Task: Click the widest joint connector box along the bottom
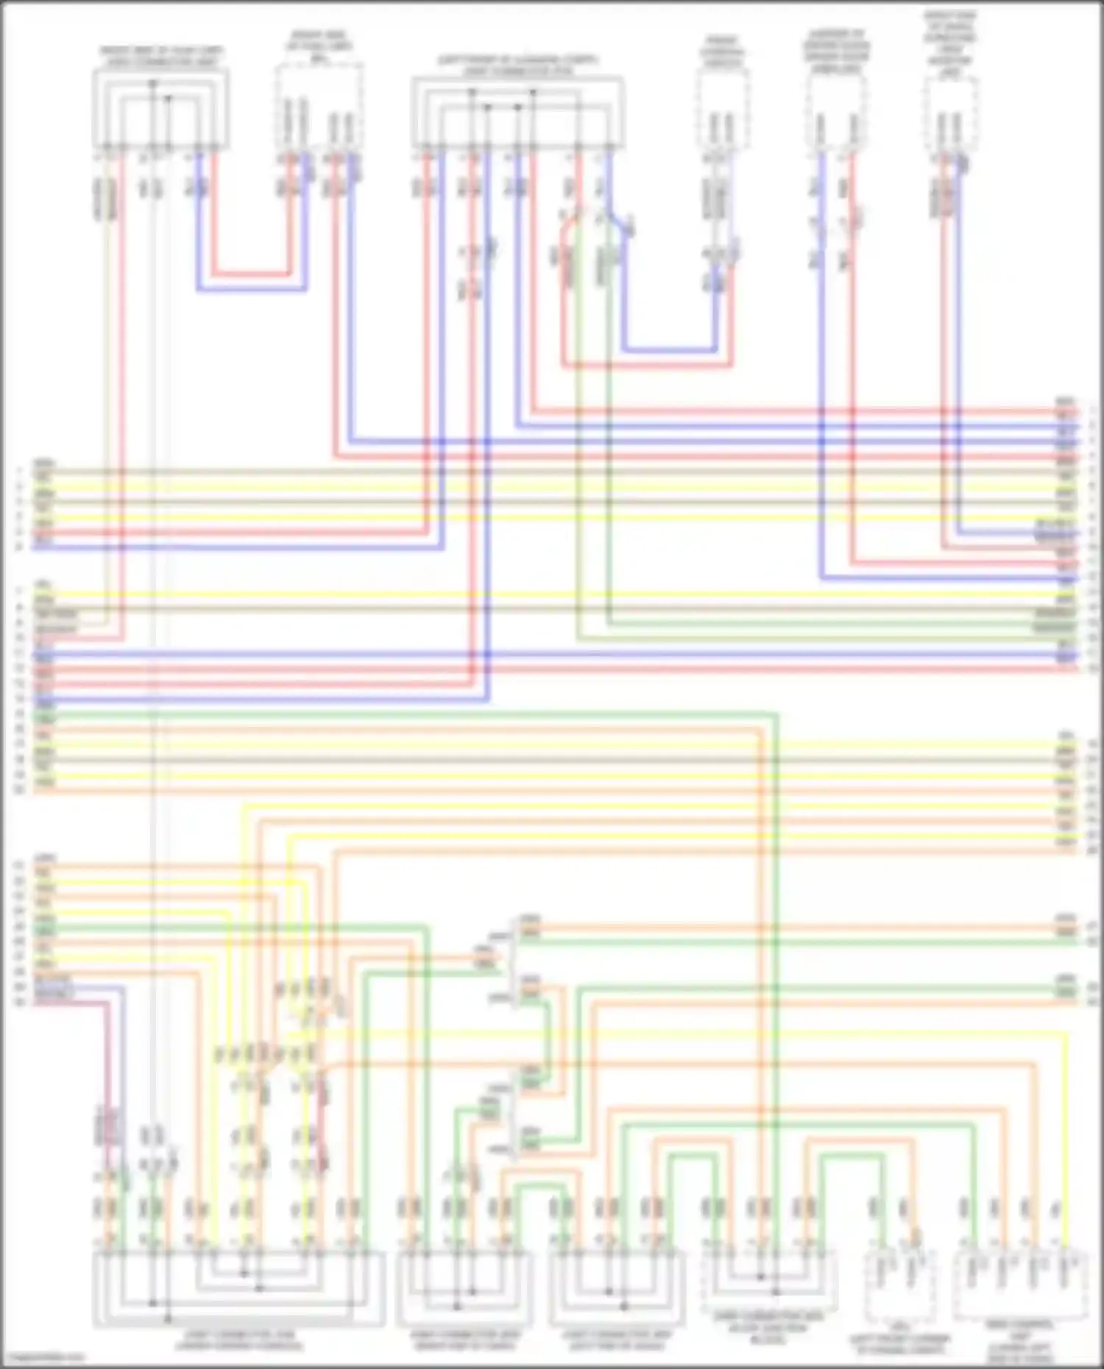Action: click(x=238, y=1288)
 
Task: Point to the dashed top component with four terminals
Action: click(x=319, y=103)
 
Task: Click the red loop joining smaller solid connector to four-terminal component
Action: click(x=250, y=274)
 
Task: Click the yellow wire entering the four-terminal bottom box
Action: click(x=1064, y=1140)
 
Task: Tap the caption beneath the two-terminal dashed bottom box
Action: click(x=899, y=1343)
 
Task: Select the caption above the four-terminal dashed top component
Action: click(x=319, y=44)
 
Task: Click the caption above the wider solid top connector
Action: click(x=517, y=65)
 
